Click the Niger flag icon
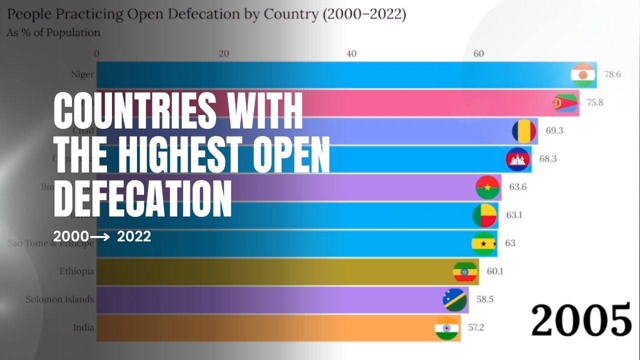point(583,75)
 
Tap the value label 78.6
point(612,74)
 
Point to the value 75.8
point(595,103)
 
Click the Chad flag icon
point(524,131)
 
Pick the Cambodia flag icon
point(518,159)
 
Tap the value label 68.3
point(548,159)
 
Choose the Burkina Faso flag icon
point(488,188)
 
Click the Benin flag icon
point(485,215)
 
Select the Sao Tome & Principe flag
point(484,243)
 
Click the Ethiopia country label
point(76,271)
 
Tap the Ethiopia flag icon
point(465,271)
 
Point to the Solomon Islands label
point(60,299)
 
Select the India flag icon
point(447,328)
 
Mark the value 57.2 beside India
point(476,328)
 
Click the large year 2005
point(581,320)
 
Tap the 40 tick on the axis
point(351,53)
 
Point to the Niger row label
point(82,75)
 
